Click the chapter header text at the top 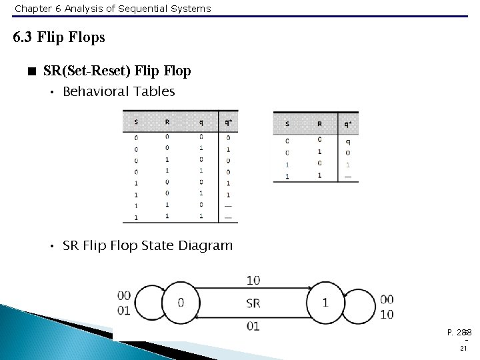click(112, 9)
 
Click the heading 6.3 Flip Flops click(59, 37)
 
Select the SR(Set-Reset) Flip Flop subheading click(116, 71)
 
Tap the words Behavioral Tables click(118, 92)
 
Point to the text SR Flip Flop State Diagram click(147, 246)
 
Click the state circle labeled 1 click(325, 302)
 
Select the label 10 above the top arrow click(253, 280)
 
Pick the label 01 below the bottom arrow click(253, 326)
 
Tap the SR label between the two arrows click(253, 303)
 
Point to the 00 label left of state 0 click(123, 296)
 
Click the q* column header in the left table click(227, 122)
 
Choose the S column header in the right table click(287, 123)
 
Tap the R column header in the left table click(167, 122)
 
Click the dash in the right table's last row click(347, 176)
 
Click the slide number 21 click(463, 349)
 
